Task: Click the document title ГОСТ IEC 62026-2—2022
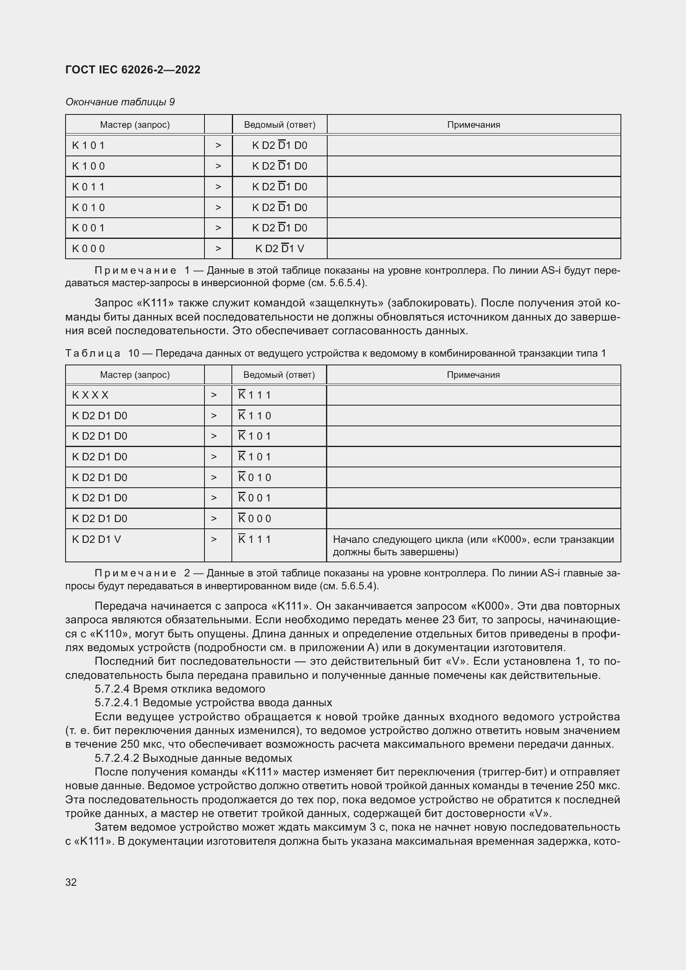[x=133, y=70]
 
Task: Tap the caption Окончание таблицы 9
[x=120, y=102]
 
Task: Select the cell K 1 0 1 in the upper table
[x=88, y=145]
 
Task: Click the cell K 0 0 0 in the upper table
[x=88, y=248]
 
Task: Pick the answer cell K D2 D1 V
[x=279, y=248]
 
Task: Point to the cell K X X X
[x=90, y=395]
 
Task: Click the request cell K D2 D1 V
[x=96, y=539]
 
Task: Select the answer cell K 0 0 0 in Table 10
[x=255, y=518]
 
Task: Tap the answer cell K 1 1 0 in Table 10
[x=255, y=416]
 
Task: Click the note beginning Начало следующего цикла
[x=473, y=545]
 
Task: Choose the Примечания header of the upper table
[x=473, y=125]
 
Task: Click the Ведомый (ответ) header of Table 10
[x=279, y=375]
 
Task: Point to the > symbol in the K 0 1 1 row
[x=218, y=187]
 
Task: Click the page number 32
[x=71, y=882]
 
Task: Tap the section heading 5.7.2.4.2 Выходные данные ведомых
[x=193, y=758]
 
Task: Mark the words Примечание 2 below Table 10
[x=142, y=573]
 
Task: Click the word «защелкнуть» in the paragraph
[x=346, y=303]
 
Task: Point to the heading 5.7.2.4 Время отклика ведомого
[x=180, y=689]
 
